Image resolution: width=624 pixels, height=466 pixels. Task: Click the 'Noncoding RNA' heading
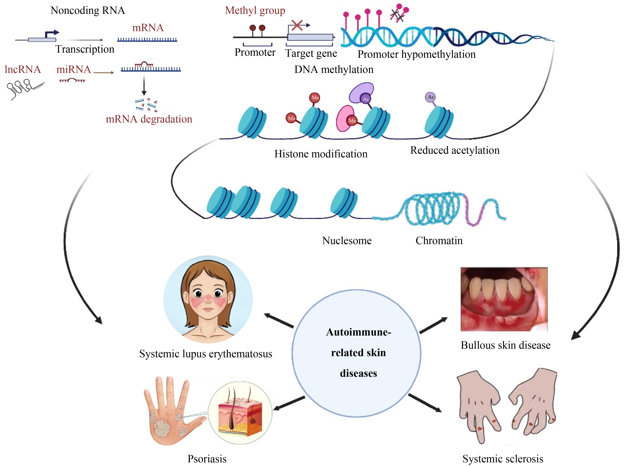point(87,10)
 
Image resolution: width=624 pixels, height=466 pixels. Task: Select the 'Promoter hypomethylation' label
point(416,54)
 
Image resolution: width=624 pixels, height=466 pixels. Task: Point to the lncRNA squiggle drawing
point(24,88)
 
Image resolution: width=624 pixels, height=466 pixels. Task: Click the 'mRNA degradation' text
point(149,119)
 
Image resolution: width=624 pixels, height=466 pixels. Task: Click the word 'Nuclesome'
point(347,241)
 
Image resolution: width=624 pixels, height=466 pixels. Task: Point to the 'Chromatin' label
point(439,241)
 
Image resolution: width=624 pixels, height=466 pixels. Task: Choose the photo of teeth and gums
point(504,299)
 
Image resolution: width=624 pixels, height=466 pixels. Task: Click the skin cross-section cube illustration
point(240,413)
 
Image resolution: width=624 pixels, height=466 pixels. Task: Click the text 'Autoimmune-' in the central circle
point(358,332)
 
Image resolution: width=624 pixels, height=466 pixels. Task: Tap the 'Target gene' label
point(311,53)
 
